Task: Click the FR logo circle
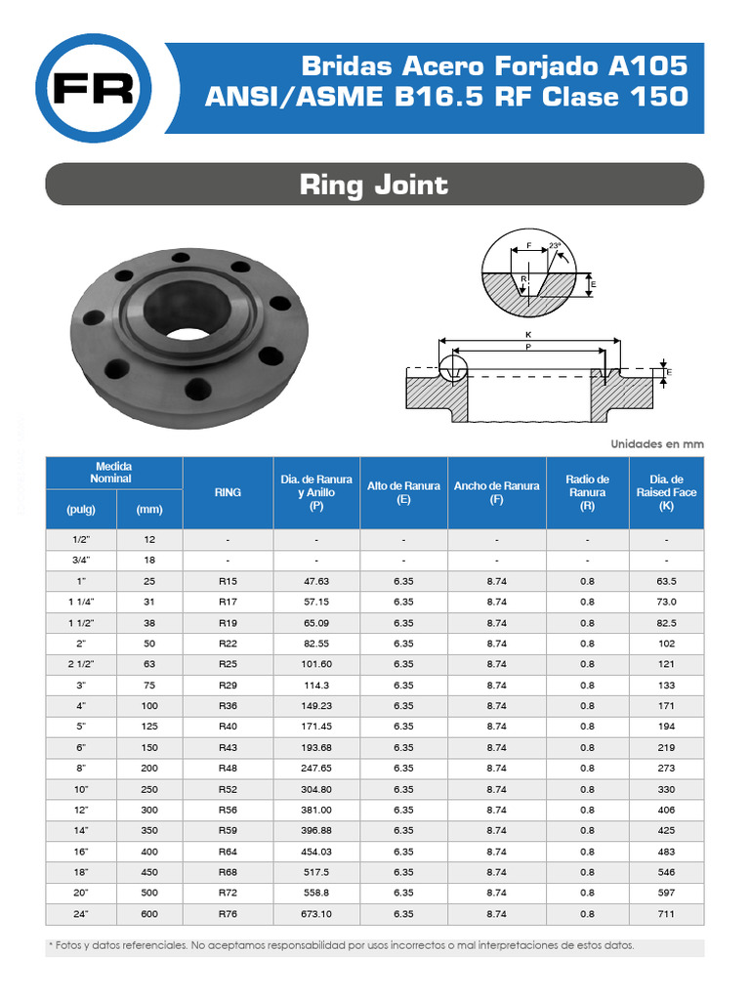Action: point(93,89)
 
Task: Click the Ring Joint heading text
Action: point(374,185)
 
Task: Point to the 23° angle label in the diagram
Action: point(556,245)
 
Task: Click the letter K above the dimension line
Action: point(528,334)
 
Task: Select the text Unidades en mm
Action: point(656,443)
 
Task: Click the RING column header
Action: point(228,493)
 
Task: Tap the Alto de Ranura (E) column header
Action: point(403,493)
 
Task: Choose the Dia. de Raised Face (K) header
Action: point(666,493)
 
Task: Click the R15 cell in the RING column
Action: point(228,581)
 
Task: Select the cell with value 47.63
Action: point(316,581)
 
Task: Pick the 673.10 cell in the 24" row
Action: point(316,914)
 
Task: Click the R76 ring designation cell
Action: point(228,914)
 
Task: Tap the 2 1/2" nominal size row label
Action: point(81,664)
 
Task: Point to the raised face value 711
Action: point(666,914)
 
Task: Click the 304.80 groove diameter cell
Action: point(316,789)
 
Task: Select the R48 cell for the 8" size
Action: point(228,769)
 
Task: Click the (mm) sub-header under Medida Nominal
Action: point(149,509)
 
